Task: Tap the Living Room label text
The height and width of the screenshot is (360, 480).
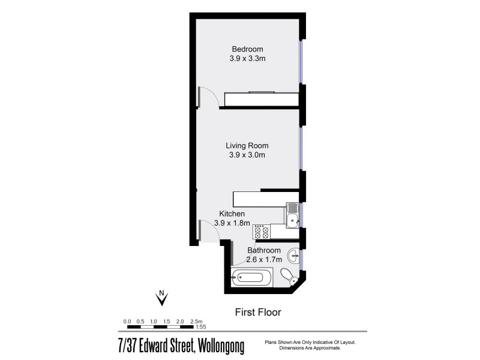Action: coord(247,145)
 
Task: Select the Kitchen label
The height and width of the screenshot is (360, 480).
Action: coord(232,214)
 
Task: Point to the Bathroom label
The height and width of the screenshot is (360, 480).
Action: coord(264,250)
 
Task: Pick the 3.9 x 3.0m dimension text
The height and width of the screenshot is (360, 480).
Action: coord(247,155)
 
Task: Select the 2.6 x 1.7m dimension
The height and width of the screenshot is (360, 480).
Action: coord(264,260)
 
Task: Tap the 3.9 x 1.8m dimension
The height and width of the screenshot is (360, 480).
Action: coord(235,223)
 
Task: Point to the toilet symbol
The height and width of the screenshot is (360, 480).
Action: coord(289,277)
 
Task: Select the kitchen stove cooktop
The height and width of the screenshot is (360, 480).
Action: coord(261,232)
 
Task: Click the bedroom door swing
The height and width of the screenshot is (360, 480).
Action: coord(209,95)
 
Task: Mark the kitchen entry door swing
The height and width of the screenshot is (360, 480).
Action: coord(209,229)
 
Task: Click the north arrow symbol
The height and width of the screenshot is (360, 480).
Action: coord(161,296)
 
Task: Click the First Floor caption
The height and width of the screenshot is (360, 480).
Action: coord(257,312)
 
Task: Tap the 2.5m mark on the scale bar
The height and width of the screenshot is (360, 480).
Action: coord(197,322)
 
